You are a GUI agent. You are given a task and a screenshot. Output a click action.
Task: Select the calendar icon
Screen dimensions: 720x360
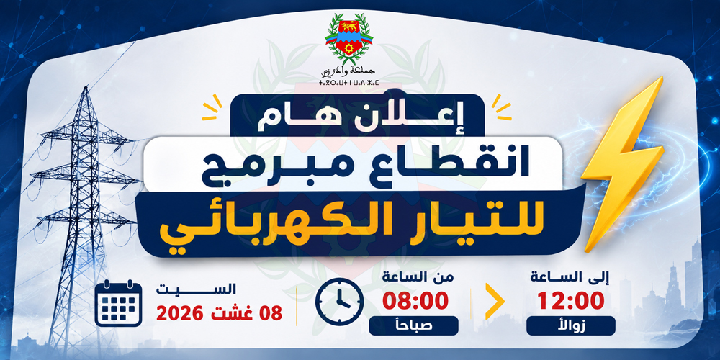point(118,303)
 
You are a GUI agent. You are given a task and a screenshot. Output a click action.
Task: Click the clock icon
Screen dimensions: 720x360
point(339,302)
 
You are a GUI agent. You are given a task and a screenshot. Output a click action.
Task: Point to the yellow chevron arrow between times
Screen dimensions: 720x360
point(495,301)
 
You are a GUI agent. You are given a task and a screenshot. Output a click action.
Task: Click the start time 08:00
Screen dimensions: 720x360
point(415,302)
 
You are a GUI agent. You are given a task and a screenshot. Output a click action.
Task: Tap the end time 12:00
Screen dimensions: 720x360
point(570,302)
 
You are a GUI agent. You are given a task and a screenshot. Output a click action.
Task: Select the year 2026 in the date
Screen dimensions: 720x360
point(179,314)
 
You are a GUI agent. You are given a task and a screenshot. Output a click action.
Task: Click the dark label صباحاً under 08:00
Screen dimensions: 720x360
point(413,325)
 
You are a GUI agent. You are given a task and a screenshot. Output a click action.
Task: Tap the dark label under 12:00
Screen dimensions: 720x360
point(571,325)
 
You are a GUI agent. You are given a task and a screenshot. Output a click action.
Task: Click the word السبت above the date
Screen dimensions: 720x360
point(196,289)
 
